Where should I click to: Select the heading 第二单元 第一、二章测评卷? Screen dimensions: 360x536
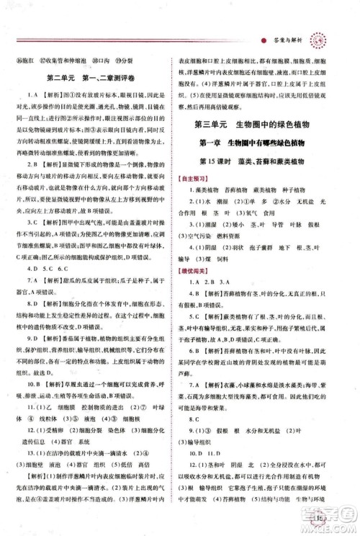pos(96,77)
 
